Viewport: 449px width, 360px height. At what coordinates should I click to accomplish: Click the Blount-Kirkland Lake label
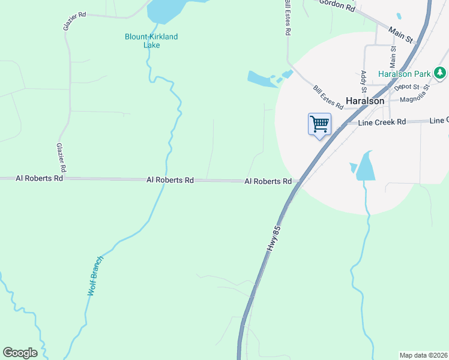151,41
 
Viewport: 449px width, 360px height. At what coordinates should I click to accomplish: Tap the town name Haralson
365,101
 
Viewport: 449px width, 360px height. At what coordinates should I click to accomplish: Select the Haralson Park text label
405,74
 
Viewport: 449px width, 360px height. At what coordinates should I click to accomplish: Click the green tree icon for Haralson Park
441,73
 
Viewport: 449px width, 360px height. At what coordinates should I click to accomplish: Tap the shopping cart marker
319,125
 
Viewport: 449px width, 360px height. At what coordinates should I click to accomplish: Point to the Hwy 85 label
273,241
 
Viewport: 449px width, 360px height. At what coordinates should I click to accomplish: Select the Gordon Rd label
337,6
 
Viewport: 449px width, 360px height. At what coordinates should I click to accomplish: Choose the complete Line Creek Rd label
382,122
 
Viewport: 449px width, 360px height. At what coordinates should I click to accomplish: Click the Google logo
20,352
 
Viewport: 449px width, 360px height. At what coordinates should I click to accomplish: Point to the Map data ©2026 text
424,355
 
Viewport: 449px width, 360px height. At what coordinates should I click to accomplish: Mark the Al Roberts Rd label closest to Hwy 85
268,181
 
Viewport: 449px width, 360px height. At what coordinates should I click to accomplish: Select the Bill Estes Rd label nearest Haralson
328,97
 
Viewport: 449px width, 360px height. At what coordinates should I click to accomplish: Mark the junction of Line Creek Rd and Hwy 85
342,123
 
